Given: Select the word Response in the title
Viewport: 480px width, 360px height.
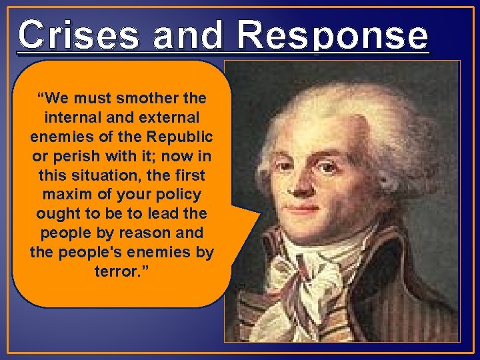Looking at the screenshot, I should (x=332, y=36).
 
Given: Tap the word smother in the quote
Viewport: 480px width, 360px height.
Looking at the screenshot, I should (x=145, y=99).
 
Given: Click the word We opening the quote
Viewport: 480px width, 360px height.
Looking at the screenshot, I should (x=53, y=99).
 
